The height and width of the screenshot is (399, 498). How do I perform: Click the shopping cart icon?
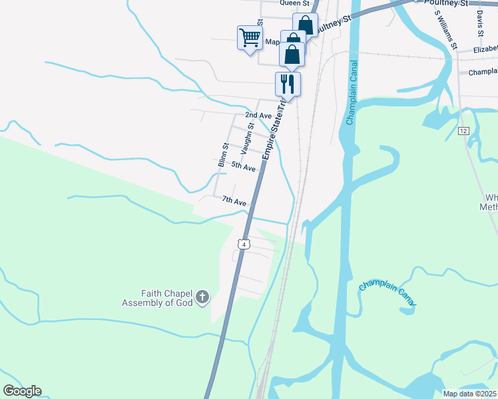250,37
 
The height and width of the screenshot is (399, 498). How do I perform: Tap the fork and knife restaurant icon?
288,84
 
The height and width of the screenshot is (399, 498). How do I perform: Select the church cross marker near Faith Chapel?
202,297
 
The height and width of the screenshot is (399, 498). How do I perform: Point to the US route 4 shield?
244,244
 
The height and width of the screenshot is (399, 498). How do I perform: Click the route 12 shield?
463,131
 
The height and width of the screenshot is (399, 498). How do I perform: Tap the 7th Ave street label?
234,201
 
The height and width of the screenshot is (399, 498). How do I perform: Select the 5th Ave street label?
244,167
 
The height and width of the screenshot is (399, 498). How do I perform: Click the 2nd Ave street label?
258,116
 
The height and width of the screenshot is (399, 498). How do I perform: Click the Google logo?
22,391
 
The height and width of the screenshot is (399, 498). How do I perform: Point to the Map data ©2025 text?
469,394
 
